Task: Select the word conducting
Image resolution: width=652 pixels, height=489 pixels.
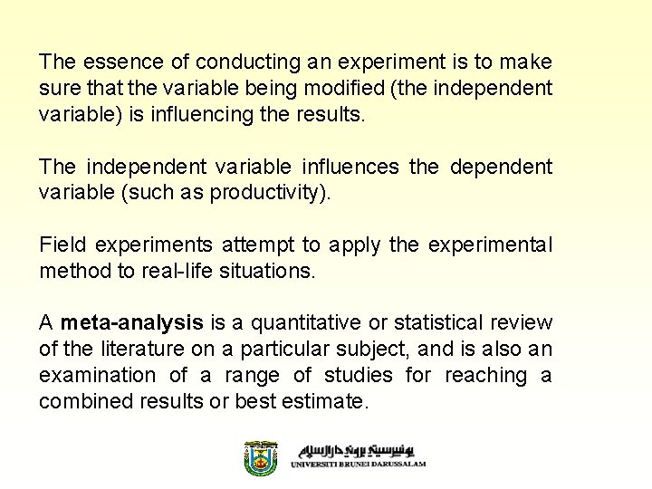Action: (240, 62)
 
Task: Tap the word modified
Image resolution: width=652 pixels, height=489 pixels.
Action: (331, 88)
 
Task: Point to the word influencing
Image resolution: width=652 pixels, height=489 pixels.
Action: (228, 114)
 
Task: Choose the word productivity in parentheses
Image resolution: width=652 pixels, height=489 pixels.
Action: (271, 192)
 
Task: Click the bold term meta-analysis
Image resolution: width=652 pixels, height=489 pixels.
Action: (131, 323)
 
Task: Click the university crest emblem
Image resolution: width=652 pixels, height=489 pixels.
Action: (260, 458)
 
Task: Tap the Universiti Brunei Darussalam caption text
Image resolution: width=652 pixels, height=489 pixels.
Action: (358, 464)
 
